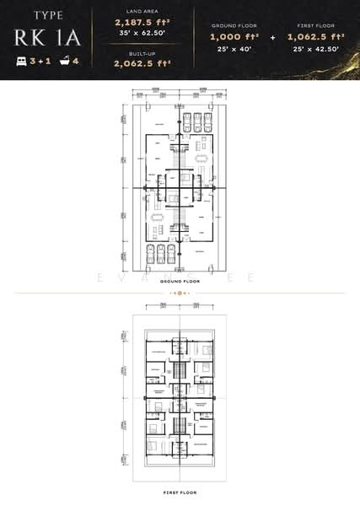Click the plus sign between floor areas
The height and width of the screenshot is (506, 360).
pyautogui.click(x=271, y=39)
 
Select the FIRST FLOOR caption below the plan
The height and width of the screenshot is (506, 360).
pyautogui.click(x=180, y=491)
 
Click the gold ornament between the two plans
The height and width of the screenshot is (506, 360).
pyautogui.click(x=180, y=292)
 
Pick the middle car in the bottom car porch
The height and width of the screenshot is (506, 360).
pyautogui.click(x=161, y=255)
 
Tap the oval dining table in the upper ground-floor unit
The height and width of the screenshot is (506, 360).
pyautogui.click(x=201, y=158)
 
